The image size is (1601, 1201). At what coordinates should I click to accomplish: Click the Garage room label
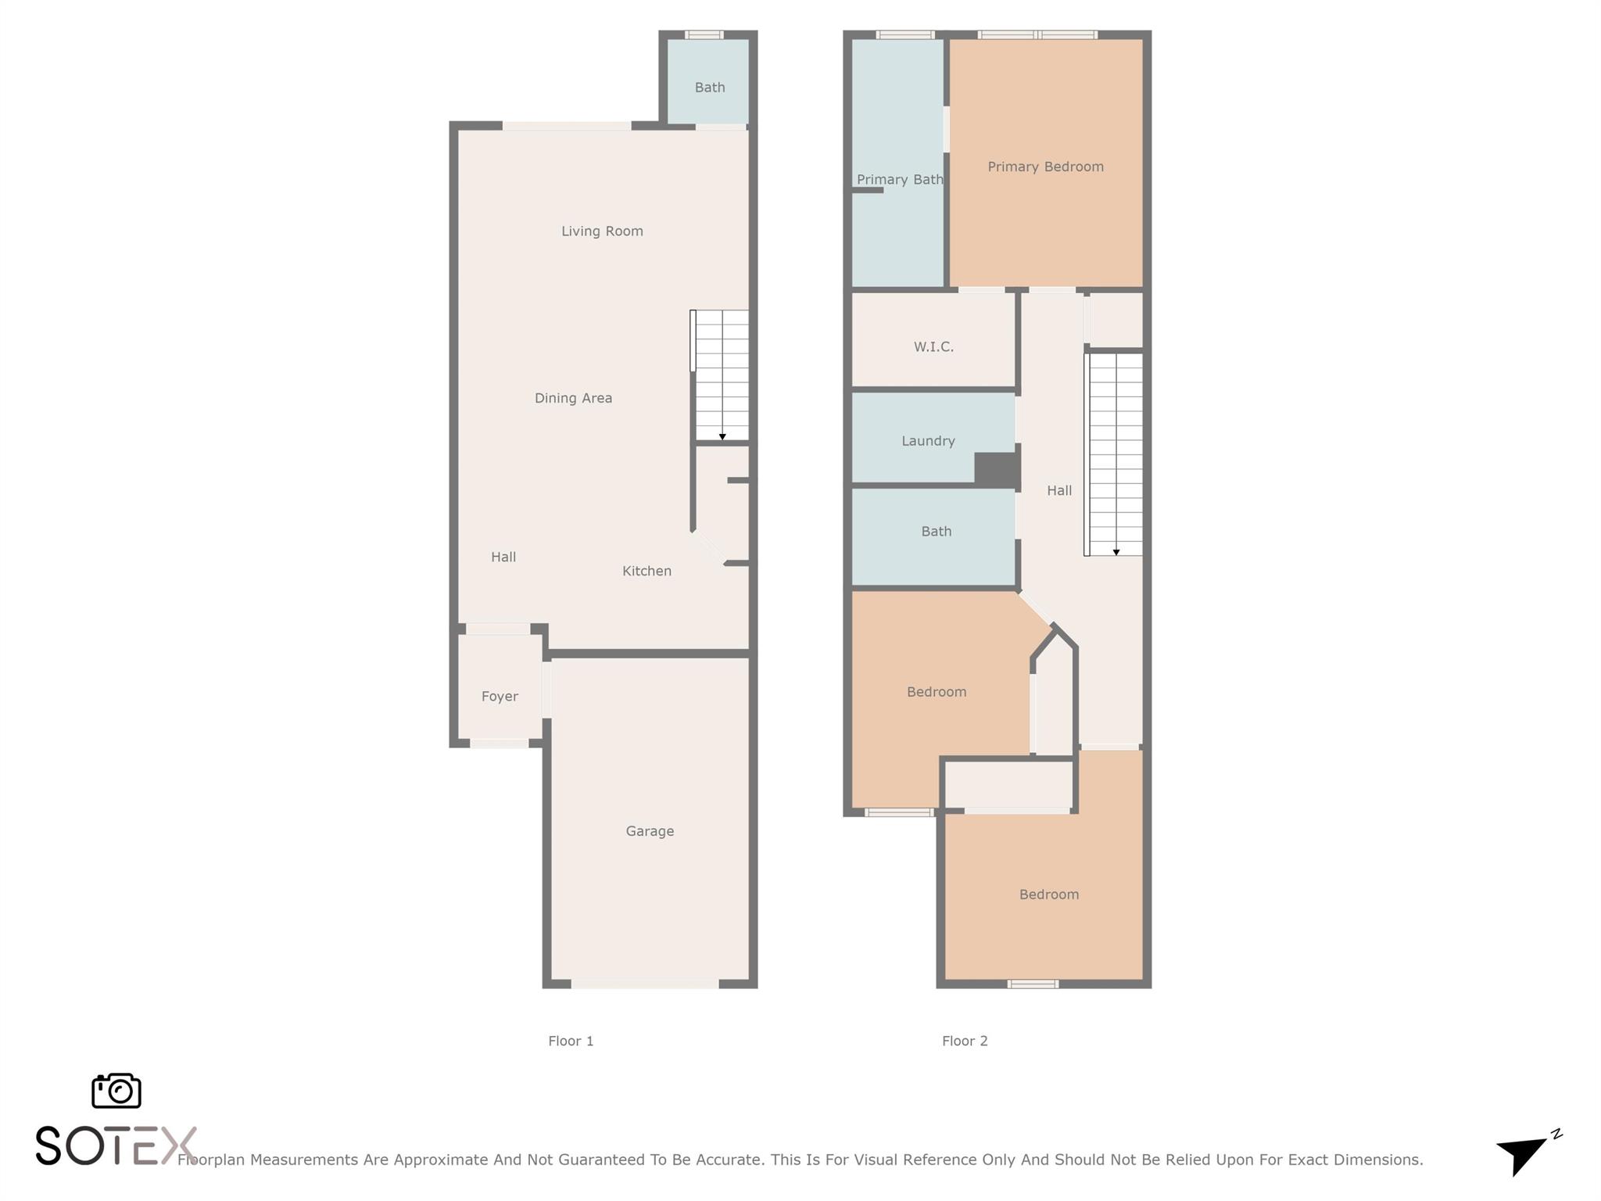click(650, 831)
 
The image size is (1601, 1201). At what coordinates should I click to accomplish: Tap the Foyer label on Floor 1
click(500, 696)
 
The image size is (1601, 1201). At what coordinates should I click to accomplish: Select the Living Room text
click(602, 231)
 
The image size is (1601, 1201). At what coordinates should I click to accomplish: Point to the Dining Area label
click(573, 398)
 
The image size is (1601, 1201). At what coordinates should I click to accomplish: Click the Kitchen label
click(646, 571)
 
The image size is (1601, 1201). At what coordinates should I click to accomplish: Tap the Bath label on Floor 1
click(710, 88)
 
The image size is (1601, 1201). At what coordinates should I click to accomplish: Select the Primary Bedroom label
click(1045, 167)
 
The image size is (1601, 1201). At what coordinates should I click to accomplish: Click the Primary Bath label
click(900, 180)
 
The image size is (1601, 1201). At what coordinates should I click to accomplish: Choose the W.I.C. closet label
click(933, 346)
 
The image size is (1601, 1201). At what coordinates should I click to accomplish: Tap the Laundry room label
click(928, 441)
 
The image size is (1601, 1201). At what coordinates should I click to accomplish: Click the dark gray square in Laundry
click(996, 470)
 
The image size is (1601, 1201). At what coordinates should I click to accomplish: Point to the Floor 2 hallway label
click(1059, 490)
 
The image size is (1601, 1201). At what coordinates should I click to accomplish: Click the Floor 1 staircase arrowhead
click(722, 437)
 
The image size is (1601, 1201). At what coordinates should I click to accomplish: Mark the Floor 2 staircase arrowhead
click(1116, 552)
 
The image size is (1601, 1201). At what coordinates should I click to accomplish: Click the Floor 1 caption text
click(571, 1041)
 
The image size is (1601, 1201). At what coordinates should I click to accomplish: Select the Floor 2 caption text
click(965, 1041)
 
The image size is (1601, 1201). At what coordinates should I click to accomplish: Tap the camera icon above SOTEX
click(116, 1091)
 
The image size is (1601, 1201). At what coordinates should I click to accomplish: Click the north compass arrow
click(1523, 1153)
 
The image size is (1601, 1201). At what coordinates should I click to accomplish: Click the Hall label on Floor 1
click(503, 557)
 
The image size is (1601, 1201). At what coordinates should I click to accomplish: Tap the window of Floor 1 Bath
click(704, 34)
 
